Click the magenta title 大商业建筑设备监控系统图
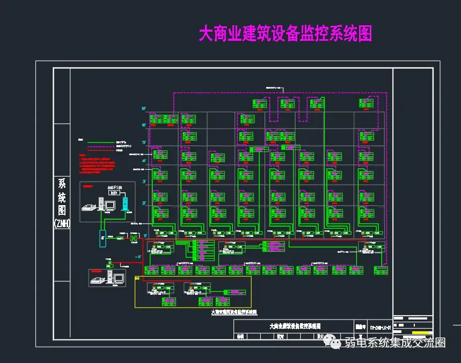[285, 34]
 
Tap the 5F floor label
[143, 142]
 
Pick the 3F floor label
[143, 182]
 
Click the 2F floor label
[143, 204]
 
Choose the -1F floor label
[138, 257]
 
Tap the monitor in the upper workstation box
[110, 205]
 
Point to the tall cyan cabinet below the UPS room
[103, 237]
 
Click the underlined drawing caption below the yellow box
[233, 311]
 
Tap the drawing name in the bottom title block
[295, 326]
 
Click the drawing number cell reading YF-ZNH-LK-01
[378, 326]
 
